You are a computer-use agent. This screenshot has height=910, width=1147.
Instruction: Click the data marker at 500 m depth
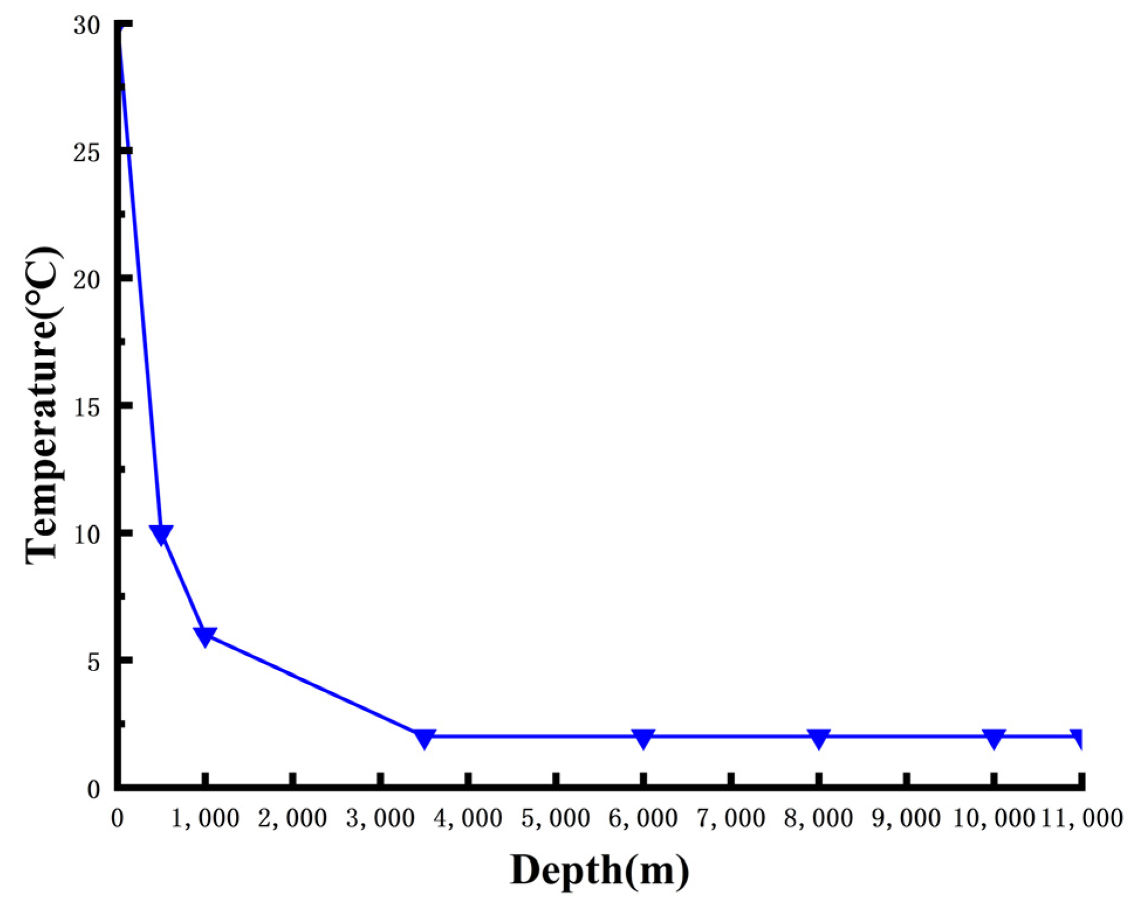(x=161, y=533)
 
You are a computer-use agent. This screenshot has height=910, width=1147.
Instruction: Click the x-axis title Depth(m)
(x=599, y=870)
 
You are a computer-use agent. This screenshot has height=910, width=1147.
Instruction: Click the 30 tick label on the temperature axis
(x=87, y=26)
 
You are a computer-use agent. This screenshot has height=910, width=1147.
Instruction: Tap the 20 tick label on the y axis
(x=87, y=280)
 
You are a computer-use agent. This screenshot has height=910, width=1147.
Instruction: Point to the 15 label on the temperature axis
(x=87, y=407)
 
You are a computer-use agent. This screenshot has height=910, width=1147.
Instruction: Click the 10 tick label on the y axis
(x=87, y=534)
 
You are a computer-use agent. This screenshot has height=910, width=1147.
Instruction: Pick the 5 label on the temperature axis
(x=94, y=662)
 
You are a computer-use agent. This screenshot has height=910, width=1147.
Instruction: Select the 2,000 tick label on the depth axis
(x=293, y=818)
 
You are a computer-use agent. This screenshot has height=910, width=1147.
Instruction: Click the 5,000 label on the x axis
(x=555, y=818)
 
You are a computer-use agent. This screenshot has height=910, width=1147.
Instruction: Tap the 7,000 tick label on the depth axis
(x=731, y=818)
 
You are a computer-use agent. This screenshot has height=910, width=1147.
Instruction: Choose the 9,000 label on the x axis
(x=906, y=818)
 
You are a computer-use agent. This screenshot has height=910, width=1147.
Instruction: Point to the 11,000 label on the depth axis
(x=1082, y=818)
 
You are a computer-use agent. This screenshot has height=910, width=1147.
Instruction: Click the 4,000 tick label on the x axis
(x=468, y=818)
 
